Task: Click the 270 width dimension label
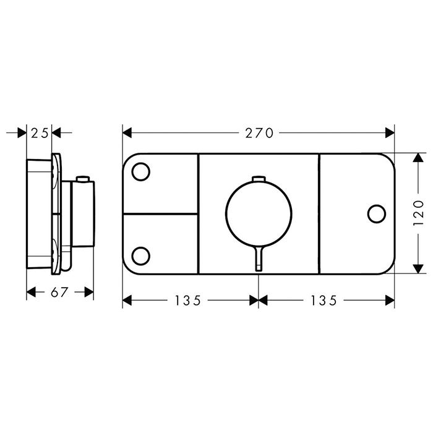pos(259,133)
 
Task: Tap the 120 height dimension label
pos(418,213)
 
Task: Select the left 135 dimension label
pos(188,301)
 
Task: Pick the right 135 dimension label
pos(324,301)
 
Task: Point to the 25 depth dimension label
pos(40,133)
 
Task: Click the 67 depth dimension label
pos(59,292)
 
